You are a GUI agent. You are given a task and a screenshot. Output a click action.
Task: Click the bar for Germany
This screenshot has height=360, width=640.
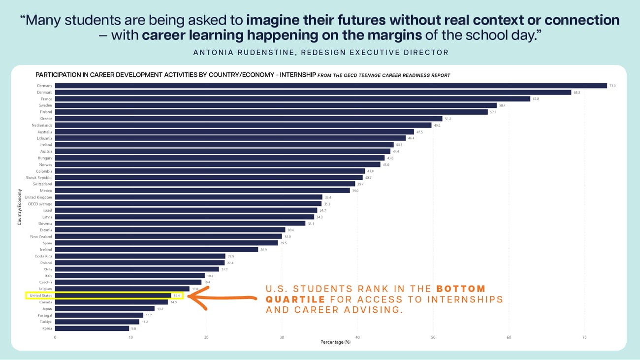tap(331, 86)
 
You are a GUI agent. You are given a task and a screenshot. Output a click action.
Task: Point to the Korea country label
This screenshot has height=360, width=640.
tap(46, 328)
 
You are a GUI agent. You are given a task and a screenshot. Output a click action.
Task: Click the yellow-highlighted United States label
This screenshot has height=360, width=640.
tap(40, 295)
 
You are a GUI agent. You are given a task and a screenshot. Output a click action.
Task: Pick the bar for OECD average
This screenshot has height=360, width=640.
tap(188, 204)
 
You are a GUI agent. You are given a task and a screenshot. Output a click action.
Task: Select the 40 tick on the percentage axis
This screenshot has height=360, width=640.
tap(357, 337)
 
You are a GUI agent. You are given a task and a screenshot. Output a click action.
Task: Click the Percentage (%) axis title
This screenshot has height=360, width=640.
tap(335, 342)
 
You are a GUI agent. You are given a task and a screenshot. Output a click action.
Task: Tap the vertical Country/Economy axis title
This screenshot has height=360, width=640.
tap(20, 207)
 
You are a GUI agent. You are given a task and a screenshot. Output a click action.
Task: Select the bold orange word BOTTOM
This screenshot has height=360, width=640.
tap(461, 289)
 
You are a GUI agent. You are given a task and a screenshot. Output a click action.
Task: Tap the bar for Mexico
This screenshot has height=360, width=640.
tap(202, 191)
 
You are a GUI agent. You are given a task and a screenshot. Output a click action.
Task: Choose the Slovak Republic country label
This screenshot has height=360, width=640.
tap(39, 177)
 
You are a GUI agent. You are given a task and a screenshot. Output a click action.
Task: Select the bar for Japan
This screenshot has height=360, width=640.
tap(105, 309)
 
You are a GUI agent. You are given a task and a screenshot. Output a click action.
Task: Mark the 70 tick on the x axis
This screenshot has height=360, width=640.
tap(584, 337)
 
